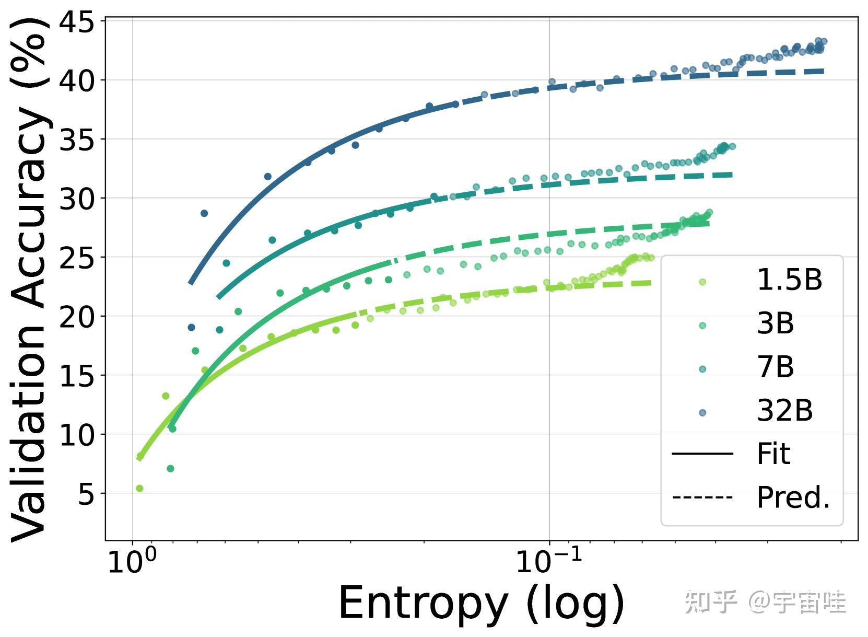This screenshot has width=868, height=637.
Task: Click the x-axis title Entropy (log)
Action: tap(481, 603)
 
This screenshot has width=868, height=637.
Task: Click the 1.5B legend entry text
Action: tap(789, 281)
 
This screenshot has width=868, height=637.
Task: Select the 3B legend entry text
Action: tap(775, 324)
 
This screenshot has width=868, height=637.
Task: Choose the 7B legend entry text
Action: tap(775, 367)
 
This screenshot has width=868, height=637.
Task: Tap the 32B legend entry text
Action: tap(784, 411)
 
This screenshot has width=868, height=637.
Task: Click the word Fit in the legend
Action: tap(773, 454)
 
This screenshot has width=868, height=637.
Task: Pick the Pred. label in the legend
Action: tap(793, 497)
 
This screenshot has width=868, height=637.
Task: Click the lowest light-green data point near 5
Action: tap(139, 489)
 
